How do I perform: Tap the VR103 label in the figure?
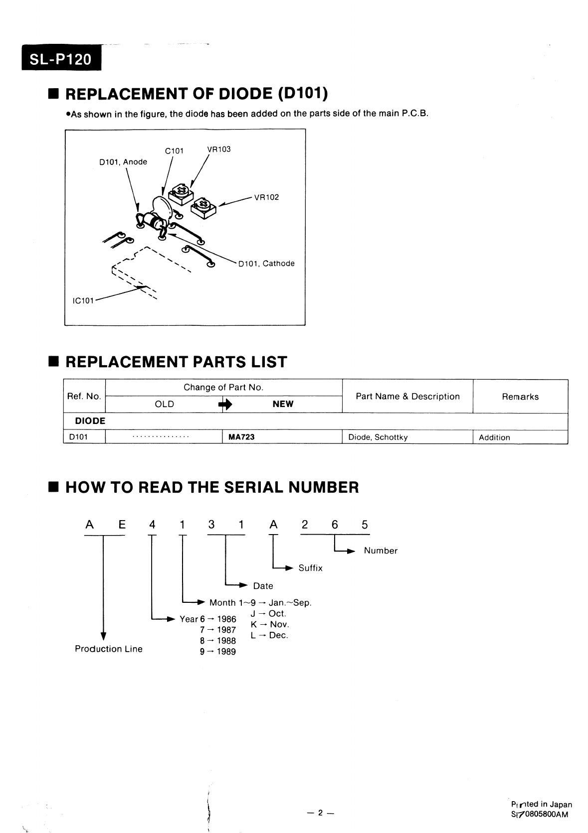(x=219, y=149)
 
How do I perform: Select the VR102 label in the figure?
(x=266, y=197)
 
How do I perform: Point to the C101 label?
(x=174, y=151)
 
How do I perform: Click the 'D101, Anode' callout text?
(x=123, y=162)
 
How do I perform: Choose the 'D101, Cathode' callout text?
(x=266, y=264)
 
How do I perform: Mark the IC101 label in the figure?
(x=80, y=301)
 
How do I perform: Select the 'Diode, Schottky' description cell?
(x=378, y=437)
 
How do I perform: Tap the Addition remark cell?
(x=494, y=437)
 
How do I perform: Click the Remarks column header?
(x=520, y=397)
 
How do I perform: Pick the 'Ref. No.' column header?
(x=84, y=397)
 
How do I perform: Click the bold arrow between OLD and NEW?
(x=225, y=405)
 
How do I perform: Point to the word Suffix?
(x=310, y=568)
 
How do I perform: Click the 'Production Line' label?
(x=109, y=649)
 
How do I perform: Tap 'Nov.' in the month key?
(x=279, y=624)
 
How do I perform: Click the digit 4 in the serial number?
(x=152, y=525)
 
